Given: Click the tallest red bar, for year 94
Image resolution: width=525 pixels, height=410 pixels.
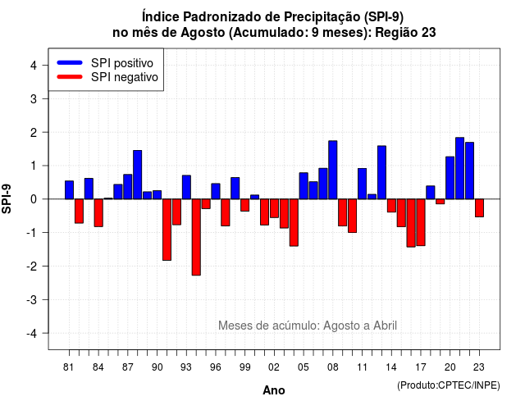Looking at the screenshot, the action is [196, 237].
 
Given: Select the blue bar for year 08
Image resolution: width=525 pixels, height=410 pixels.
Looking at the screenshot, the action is [333, 170].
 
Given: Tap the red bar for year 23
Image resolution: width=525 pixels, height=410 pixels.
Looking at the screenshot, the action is [479, 207].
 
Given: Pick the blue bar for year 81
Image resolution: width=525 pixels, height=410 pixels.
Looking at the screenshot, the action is [69, 190].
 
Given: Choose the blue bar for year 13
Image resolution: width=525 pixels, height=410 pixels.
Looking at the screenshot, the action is [381, 172].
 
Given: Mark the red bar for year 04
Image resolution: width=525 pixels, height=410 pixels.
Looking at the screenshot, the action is [294, 222].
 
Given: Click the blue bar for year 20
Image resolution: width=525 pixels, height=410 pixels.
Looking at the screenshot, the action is [450, 178].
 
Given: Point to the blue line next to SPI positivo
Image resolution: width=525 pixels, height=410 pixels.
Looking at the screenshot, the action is [70, 62].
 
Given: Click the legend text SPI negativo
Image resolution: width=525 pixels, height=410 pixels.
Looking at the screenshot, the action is [125, 77].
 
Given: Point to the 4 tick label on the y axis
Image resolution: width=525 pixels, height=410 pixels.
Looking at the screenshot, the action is [34, 66].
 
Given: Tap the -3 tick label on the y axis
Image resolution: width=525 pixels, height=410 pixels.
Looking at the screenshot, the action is [31, 299].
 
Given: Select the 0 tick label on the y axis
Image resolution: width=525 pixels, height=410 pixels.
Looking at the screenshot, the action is [34, 199].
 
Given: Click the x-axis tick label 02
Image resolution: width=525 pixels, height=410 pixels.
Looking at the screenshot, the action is [274, 367].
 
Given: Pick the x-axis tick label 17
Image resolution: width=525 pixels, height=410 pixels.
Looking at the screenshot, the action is [421, 367].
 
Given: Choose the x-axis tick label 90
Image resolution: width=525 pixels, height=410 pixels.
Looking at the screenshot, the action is [157, 367].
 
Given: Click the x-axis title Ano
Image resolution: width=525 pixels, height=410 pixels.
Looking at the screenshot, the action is [274, 390].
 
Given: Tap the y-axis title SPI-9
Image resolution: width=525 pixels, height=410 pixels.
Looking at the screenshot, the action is [7, 198].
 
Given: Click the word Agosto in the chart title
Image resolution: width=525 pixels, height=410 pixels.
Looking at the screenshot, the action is [203, 33].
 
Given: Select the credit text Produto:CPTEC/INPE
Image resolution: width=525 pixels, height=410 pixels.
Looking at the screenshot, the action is [449, 385].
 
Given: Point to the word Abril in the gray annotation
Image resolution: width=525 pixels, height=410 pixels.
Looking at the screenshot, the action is [385, 326].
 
